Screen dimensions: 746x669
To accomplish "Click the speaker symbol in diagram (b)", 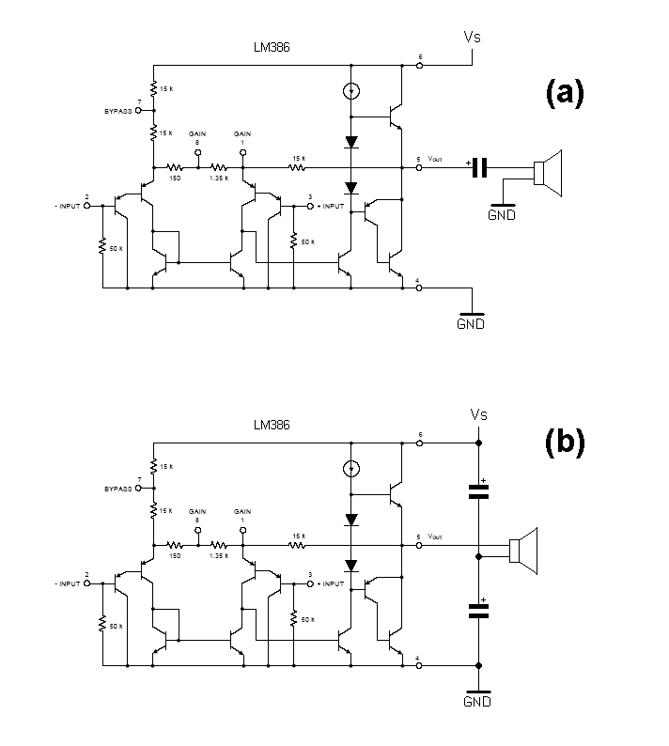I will coord(521,549).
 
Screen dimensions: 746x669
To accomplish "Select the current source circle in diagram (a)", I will coord(350,92).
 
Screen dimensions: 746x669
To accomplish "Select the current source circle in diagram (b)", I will coord(350,467).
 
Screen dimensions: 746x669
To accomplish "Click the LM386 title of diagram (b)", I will coord(272,425).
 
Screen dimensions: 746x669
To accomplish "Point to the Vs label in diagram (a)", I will coord(474,38).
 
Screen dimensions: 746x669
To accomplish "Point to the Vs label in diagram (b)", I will coord(478,415).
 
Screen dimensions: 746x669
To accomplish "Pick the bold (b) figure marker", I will coord(564,442).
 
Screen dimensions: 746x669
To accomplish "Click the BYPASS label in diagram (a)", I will coord(119,111).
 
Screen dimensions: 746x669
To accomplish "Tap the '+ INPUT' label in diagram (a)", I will coord(330,205).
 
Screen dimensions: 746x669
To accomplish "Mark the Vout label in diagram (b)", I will coord(435,536).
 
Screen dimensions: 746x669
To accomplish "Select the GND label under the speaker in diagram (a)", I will coord(501,214).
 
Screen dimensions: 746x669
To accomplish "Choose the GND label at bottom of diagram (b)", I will coord(478,701).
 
